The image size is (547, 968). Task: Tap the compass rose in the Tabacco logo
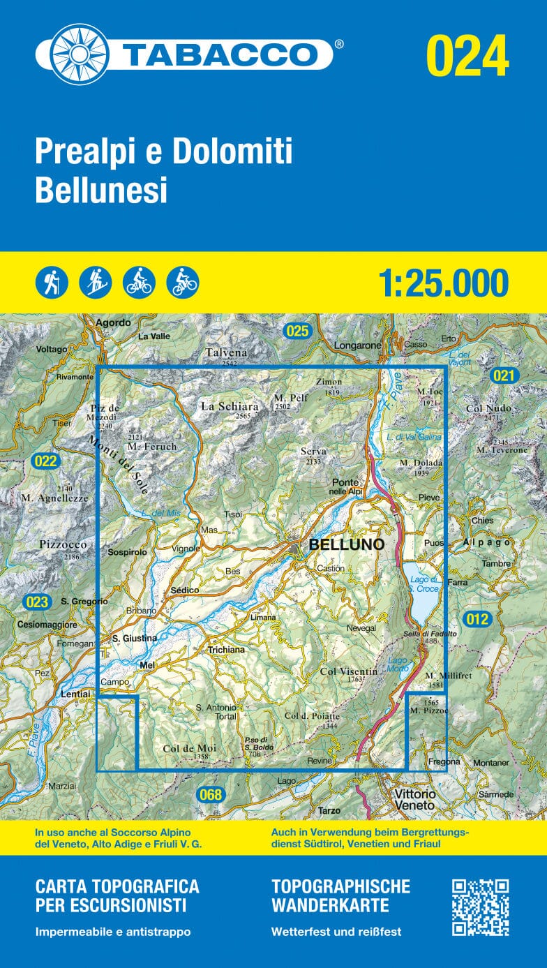(80, 54)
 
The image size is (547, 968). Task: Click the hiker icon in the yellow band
(52, 283)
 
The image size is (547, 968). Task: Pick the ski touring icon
(95, 283)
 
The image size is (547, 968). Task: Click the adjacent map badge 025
(297, 331)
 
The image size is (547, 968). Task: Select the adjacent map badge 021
(504, 376)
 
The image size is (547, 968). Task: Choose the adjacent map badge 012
(477, 618)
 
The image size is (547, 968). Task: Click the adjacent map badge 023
(36, 602)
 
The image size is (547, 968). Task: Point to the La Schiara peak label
(230, 405)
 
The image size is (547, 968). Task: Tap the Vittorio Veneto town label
(414, 799)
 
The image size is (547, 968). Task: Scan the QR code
(480, 907)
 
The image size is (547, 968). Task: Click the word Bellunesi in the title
(101, 191)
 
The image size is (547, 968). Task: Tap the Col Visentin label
(348, 671)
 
